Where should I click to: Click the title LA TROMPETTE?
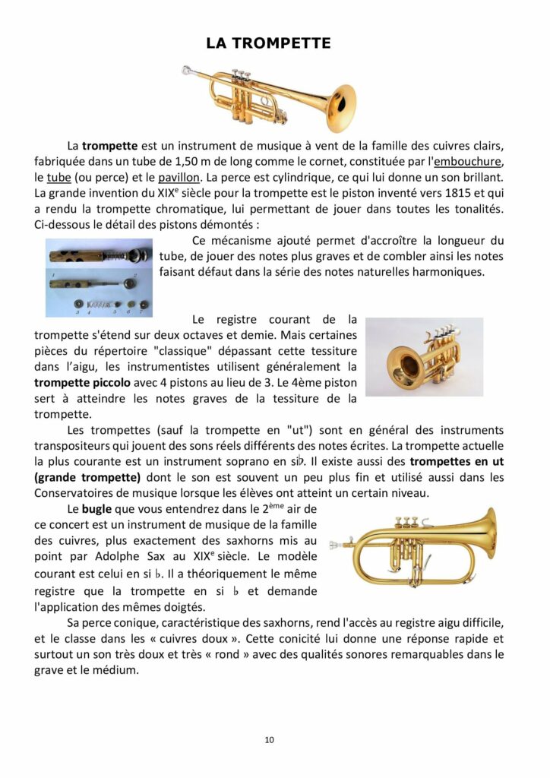coord(268,43)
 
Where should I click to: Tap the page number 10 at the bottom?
coord(270,739)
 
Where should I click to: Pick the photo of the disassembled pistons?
coord(99,277)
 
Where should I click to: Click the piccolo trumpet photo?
coord(424,356)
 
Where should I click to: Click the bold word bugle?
coord(96,508)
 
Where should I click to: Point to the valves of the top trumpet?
coord(242,78)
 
